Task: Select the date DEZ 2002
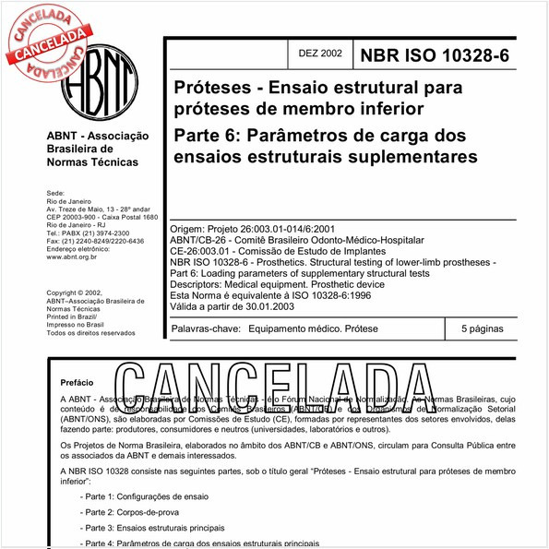point(319,54)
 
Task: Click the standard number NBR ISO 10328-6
point(441,54)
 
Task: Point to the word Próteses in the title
point(211,90)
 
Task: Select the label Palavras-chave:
point(207,328)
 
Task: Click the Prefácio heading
point(77,381)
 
